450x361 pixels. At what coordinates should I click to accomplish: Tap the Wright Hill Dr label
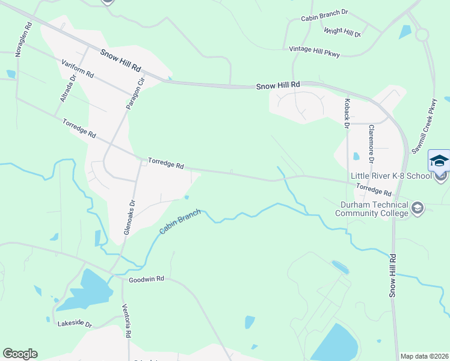tap(342, 32)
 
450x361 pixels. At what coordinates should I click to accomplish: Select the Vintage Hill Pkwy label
tap(315, 52)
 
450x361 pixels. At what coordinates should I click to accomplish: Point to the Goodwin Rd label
tap(146, 280)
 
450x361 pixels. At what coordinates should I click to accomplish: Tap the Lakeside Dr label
tap(75, 324)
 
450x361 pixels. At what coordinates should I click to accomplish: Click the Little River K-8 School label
tap(391, 176)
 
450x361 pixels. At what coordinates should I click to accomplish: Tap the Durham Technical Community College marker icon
tap(418, 208)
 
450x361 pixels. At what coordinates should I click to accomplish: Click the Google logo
tap(20, 354)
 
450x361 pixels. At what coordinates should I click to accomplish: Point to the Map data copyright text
tap(424, 356)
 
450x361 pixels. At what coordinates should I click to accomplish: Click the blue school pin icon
tap(439, 161)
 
